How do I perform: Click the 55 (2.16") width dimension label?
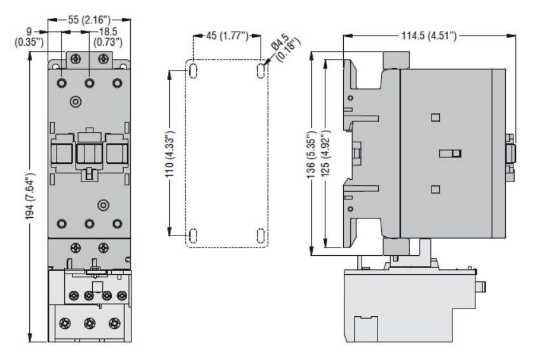(90, 20)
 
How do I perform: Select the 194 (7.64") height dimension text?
(31, 196)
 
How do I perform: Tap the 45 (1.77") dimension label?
(227, 36)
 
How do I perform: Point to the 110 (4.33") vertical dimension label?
(170, 154)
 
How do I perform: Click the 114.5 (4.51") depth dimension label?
(429, 36)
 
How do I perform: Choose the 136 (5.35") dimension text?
(311, 154)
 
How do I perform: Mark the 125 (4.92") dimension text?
(325, 153)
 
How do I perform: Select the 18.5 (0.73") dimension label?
(108, 37)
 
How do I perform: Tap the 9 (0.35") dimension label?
(29, 37)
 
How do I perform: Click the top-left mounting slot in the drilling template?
(193, 71)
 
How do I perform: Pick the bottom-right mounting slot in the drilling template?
(261, 236)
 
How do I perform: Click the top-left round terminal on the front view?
(62, 83)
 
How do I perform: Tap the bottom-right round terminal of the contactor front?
(117, 223)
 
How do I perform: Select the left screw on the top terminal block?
(76, 59)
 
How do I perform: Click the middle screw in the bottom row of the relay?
(90, 323)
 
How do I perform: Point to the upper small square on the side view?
(435, 117)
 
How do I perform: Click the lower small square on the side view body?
(435, 189)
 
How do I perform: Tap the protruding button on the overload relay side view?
(481, 287)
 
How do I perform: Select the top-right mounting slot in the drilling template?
(261, 71)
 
